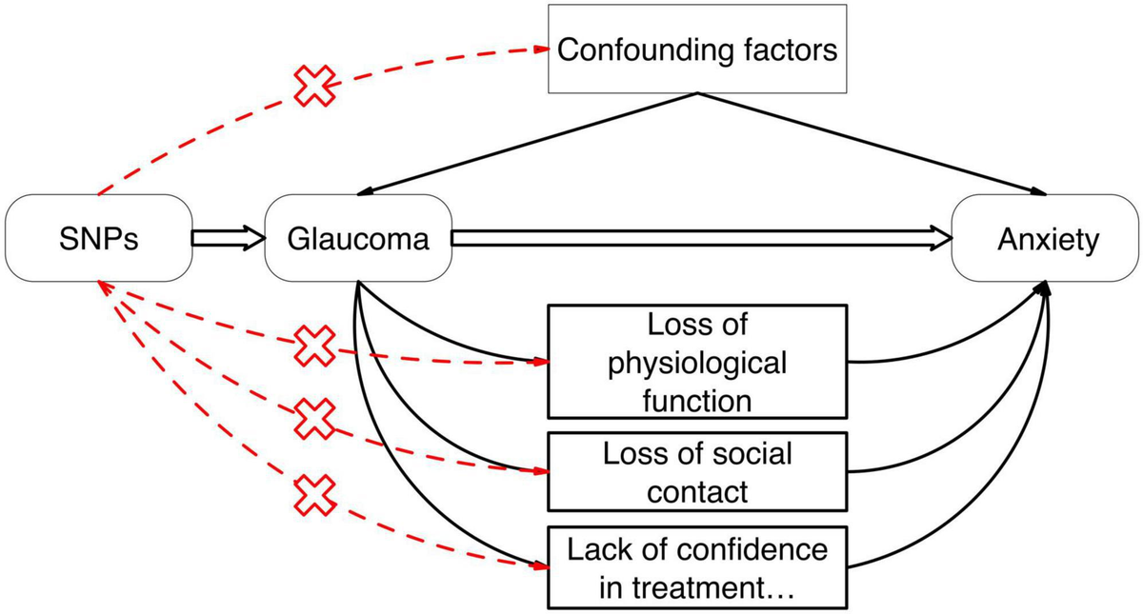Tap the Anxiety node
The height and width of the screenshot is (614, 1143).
coord(1048,238)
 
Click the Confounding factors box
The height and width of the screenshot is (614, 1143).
coord(697,50)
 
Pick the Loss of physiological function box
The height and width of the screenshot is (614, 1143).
coord(697,361)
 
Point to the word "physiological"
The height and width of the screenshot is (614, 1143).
coord(697,362)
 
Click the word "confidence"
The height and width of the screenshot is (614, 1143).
coord(751,549)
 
